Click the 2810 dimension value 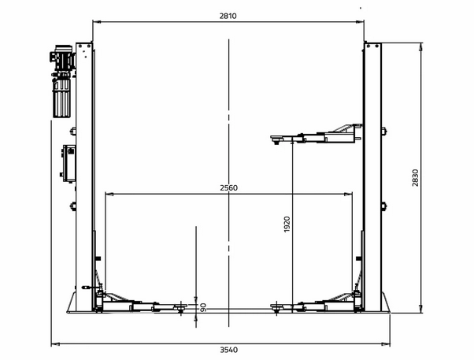pos(228,16)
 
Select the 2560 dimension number pos(228,187)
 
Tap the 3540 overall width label pos(228,350)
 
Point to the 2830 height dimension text pos(416,178)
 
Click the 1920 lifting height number pos(287,225)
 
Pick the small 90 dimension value pos(203,308)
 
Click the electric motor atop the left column pos(62,58)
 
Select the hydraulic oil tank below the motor pos(62,98)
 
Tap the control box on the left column pos(69,164)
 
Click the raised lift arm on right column pos(316,135)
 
